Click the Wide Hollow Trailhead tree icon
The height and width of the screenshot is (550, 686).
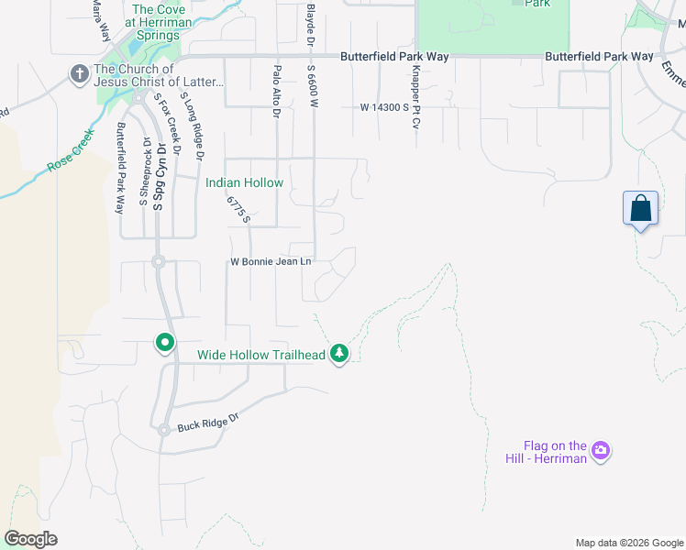(339, 353)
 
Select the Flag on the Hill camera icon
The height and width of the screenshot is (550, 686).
(601, 450)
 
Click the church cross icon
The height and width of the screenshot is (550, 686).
(80, 74)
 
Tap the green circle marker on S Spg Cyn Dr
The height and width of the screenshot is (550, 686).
(165, 343)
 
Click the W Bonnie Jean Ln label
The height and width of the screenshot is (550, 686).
(271, 262)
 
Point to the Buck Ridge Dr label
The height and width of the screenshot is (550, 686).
(208, 425)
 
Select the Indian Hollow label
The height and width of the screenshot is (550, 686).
(244, 182)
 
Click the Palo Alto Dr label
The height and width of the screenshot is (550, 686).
(275, 91)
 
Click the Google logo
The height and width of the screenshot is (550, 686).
(30, 539)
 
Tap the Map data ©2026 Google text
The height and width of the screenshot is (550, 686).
(628, 543)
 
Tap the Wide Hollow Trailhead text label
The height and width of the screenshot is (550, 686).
(261, 354)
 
